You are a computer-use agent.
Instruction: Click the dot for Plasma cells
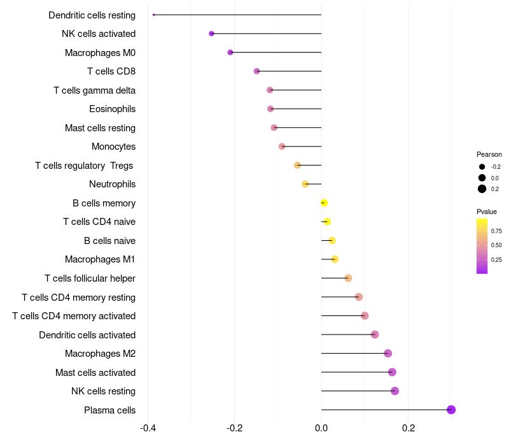pyautogui.click(x=451, y=410)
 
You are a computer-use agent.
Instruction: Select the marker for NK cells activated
pyautogui.click(x=211, y=34)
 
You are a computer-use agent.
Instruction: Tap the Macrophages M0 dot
pyautogui.click(x=230, y=52)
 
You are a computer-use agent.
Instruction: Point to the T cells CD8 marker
pyautogui.click(x=256, y=71)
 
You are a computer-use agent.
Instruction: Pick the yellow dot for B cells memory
pyautogui.click(x=324, y=203)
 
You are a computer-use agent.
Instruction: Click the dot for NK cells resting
pyautogui.click(x=394, y=391)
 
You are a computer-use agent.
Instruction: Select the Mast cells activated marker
pyautogui.click(x=392, y=372)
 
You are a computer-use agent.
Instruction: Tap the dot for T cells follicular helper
pyautogui.click(x=348, y=278)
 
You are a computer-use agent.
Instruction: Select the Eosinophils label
pyautogui.click(x=112, y=109)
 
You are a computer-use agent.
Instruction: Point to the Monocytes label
pyautogui.click(x=113, y=147)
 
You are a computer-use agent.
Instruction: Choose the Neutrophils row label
pyautogui.click(x=112, y=184)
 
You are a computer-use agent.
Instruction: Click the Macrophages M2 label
pyautogui.click(x=100, y=354)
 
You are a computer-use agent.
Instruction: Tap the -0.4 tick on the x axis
pyautogui.click(x=148, y=428)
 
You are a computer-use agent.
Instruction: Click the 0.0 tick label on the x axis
pyautogui.click(x=321, y=428)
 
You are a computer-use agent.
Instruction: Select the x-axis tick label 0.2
pyautogui.click(x=408, y=428)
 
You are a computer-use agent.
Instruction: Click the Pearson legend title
pyautogui.click(x=489, y=154)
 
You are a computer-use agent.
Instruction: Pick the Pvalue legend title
pyautogui.click(x=487, y=212)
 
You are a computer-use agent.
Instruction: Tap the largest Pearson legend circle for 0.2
pyautogui.click(x=482, y=189)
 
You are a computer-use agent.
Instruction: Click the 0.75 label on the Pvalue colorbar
pyautogui.click(x=496, y=231)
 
